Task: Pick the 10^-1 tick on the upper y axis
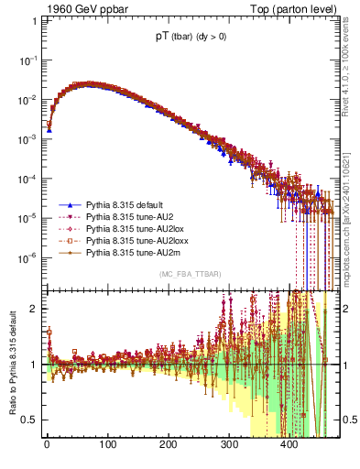pos(28,60)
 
